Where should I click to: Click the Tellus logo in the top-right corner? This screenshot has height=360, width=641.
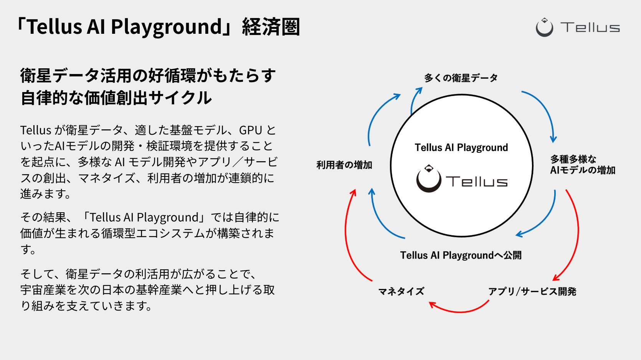click(578, 27)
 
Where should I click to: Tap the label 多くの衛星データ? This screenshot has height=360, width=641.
click(461, 78)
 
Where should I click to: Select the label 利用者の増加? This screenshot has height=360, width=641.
click(344, 165)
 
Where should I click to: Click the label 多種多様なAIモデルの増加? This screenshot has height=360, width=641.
click(582, 165)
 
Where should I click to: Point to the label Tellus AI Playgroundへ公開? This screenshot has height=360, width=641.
click(461, 255)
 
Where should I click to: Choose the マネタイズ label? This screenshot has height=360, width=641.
click(401, 291)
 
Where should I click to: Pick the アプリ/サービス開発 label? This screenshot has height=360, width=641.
click(532, 291)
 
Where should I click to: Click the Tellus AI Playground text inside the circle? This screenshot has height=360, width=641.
click(461, 148)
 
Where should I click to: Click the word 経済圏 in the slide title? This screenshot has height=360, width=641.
click(271, 27)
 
